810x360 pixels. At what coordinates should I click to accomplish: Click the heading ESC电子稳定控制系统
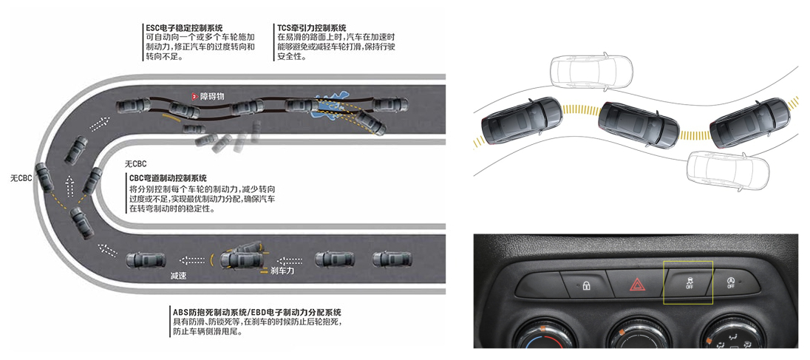point(185,28)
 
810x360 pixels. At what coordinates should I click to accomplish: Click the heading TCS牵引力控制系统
point(311,28)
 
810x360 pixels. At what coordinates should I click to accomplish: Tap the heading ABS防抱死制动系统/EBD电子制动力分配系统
point(257,312)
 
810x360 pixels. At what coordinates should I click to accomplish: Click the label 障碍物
point(212,96)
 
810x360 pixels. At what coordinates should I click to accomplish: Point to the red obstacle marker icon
point(195,96)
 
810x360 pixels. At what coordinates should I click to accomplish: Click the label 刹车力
point(282,270)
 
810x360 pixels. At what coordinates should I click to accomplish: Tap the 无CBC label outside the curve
point(21,178)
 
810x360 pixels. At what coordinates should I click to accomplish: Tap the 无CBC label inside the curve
point(136,164)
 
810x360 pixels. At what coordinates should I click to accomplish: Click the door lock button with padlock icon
point(586,285)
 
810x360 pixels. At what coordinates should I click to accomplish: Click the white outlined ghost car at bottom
point(726,168)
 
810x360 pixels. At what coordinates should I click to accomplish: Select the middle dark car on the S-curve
point(639,124)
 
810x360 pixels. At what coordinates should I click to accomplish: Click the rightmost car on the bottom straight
point(392,259)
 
